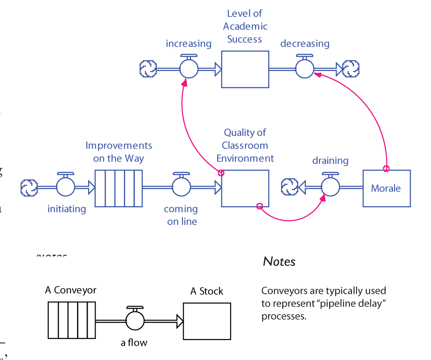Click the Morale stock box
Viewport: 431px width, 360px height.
tap(386, 189)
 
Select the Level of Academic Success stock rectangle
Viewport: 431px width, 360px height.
tap(245, 69)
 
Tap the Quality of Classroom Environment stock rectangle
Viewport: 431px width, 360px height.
tap(245, 188)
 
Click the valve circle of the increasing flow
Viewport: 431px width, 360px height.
tap(189, 69)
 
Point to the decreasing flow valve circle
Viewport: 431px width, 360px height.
tap(305, 69)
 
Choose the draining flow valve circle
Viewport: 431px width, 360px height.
tap(330, 187)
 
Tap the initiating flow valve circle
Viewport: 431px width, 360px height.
tap(66, 187)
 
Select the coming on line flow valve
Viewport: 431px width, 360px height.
tap(181, 187)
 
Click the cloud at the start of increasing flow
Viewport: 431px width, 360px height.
tap(148, 69)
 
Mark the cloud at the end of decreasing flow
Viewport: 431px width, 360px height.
tap(351, 69)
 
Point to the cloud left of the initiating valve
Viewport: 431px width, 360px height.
tap(29, 187)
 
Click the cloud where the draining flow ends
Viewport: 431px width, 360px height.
tap(289, 187)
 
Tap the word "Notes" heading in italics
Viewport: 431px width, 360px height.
tap(279, 262)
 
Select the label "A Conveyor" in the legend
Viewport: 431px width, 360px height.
tap(71, 290)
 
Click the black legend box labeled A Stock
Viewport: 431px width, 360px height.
tap(207, 321)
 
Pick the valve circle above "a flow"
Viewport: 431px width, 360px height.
tap(135, 321)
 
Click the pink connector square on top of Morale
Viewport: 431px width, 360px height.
tap(386, 169)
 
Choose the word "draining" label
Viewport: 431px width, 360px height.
tap(330, 161)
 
